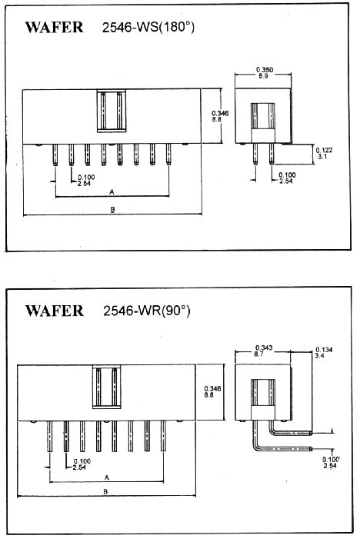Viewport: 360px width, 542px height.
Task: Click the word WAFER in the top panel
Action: (54, 28)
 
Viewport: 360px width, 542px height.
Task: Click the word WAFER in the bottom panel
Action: (55, 311)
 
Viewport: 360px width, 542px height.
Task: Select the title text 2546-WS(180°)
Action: (148, 28)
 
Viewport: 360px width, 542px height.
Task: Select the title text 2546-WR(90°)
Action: (147, 311)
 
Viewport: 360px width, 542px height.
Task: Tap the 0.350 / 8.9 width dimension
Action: (265, 72)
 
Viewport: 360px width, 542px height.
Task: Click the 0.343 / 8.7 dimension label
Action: (264, 351)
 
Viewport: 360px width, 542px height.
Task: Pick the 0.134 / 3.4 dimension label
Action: (324, 352)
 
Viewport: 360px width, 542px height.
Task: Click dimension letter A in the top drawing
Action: (112, 192)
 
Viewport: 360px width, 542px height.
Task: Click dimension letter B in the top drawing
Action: (112, 209)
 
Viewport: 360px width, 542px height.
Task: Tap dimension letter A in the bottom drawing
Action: (107, 477)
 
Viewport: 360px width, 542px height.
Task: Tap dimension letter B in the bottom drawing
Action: (106, 491)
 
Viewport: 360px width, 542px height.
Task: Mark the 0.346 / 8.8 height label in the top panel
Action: (220, 116)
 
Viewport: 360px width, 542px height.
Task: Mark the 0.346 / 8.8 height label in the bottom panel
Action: (212, 391)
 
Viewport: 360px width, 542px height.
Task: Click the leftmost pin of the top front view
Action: (55, 155)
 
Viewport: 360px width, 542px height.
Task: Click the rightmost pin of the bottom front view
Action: (163, 436)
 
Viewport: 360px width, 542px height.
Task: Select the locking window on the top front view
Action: (112, 111)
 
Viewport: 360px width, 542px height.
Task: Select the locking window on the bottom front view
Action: (107, 387)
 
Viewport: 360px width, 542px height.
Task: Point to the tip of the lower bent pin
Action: (312, 449)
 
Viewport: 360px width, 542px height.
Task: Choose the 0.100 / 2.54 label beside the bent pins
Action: (331, 463)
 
